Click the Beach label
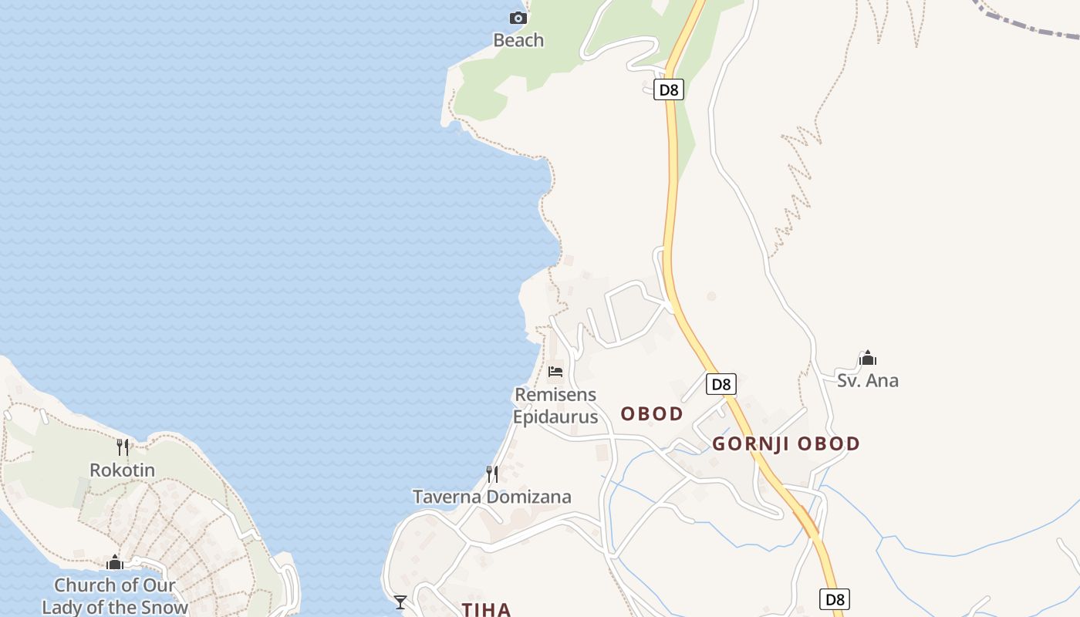(x=518, y=40)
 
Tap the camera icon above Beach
(x=518, y=18)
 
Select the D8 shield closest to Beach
(x=669, y=89)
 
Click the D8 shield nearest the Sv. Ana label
(x=721, y=384)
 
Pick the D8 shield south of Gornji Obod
(x=835, y=599)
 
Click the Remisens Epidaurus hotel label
(x=555, y=406)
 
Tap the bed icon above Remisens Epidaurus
(x=555, y=372)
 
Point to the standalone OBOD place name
(x=652, y=414)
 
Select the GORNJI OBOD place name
(x=785, y=444)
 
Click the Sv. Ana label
(x=868, y=380)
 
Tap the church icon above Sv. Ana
(x=868, y=358)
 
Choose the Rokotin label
(x=122, y=470)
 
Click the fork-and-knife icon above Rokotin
(x=122, y=447)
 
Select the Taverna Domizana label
(x=492, y=497)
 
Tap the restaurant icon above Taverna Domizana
(x=491, y=474)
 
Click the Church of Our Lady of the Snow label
(x=115, y=596)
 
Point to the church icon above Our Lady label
(x=115, y=562)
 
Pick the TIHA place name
(x=486, y=609)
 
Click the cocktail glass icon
(x=400, y=602)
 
